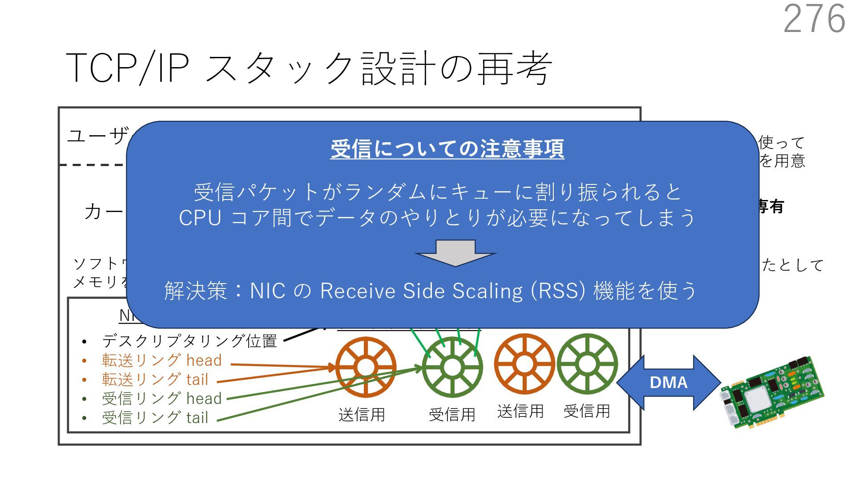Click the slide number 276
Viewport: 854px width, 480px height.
(x=814, y=19)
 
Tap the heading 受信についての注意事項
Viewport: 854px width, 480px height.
(x=447, y=148)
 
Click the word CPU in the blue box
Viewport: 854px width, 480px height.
(x=200, y=218)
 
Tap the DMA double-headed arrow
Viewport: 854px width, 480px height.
(x=668, y=382)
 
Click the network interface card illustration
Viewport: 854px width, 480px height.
(x=771, y=391)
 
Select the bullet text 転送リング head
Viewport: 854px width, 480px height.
(x=161, y=360)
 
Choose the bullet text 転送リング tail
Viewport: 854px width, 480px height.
(x=155, y=380)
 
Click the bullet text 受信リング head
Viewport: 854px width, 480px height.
(x=161, y=399)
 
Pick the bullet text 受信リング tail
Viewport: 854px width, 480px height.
(x=155, y=418)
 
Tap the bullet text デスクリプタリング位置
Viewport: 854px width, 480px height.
(x=189, y=341)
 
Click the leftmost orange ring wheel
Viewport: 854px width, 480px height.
(x=366, y=367)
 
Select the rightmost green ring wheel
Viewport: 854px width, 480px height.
(x=587, y=364)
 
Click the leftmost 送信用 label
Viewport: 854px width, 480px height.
(x=362, y=415)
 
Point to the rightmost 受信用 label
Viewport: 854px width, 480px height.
(x=587, y=412)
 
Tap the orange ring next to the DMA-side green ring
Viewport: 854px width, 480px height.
(x=524, y=364)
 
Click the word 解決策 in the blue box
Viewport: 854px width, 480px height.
(x=196, y=291)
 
